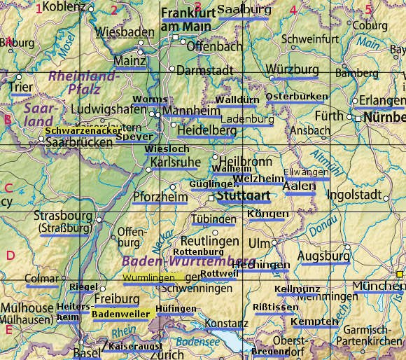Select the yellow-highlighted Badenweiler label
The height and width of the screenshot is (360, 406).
click(x=120, y=314)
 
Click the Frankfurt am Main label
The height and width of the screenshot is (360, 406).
click(x=187, y=20)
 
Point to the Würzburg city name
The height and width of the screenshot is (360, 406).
click(x=292, y=71)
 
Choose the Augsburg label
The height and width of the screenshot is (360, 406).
click(x=323, y=256)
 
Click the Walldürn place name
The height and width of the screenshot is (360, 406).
click(x=238, y=100)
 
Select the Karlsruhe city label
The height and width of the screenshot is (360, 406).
click(x=175, y=162)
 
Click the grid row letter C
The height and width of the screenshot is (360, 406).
click(x=8, y=187)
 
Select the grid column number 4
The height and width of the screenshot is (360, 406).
click(x=293, y=10)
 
